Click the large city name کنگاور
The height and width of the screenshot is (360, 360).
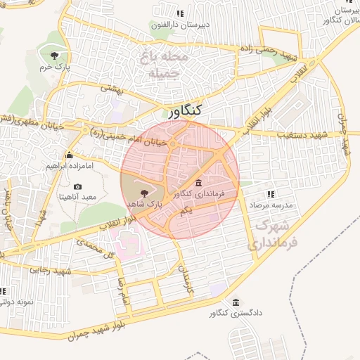coord(186,110)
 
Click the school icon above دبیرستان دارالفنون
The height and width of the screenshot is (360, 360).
coord(180,13)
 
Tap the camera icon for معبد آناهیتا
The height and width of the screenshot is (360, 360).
coord(77,186)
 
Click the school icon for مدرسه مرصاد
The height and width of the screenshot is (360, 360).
coord(270,194)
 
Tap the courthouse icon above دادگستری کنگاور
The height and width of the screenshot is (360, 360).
coord(235,302)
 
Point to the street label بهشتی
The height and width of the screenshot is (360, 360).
coord(112,89)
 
